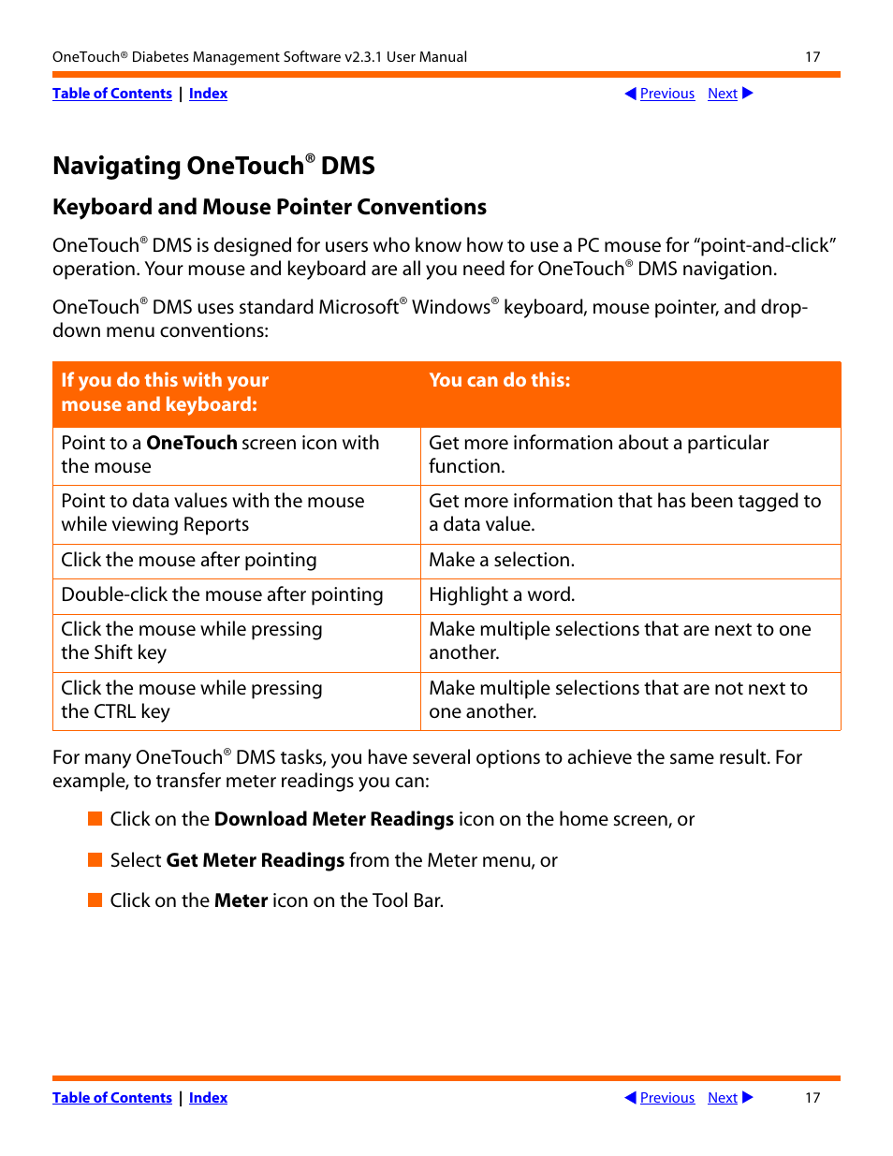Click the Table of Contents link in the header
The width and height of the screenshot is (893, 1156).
(x=112, y=94)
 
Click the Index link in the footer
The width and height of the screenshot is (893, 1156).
(x=208, y=1098)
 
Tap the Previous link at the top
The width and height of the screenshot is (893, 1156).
(x=666, y=94)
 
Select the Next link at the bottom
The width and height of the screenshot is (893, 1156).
(x=722, y=1098)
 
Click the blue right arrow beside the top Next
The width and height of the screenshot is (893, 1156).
(x=748, y=94)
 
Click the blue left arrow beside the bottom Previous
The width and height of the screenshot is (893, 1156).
(x=630, y=1098)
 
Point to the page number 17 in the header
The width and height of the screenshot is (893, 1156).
(x=812, y=57)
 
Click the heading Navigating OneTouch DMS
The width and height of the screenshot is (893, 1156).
(x=213, y=166)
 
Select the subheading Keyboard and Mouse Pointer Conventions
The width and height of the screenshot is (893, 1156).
(x=270, y=207)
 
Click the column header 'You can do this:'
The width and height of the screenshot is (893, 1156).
(x=499, y=380)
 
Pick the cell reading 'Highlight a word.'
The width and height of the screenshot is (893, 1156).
(x=502, y=595)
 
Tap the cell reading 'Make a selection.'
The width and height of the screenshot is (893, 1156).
(x=502, y=561)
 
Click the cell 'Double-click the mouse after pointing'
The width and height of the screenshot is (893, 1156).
(x=222, y=595)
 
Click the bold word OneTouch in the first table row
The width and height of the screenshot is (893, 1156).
(x=191, y=443)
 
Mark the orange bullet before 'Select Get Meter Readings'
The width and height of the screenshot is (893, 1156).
(x=95, y=860)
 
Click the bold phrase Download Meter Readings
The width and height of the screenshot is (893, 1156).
(x=333, y=820)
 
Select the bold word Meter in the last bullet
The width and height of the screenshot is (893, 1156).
(x=241, y=901)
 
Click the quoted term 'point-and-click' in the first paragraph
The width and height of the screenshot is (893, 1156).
(x=764, y=246)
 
